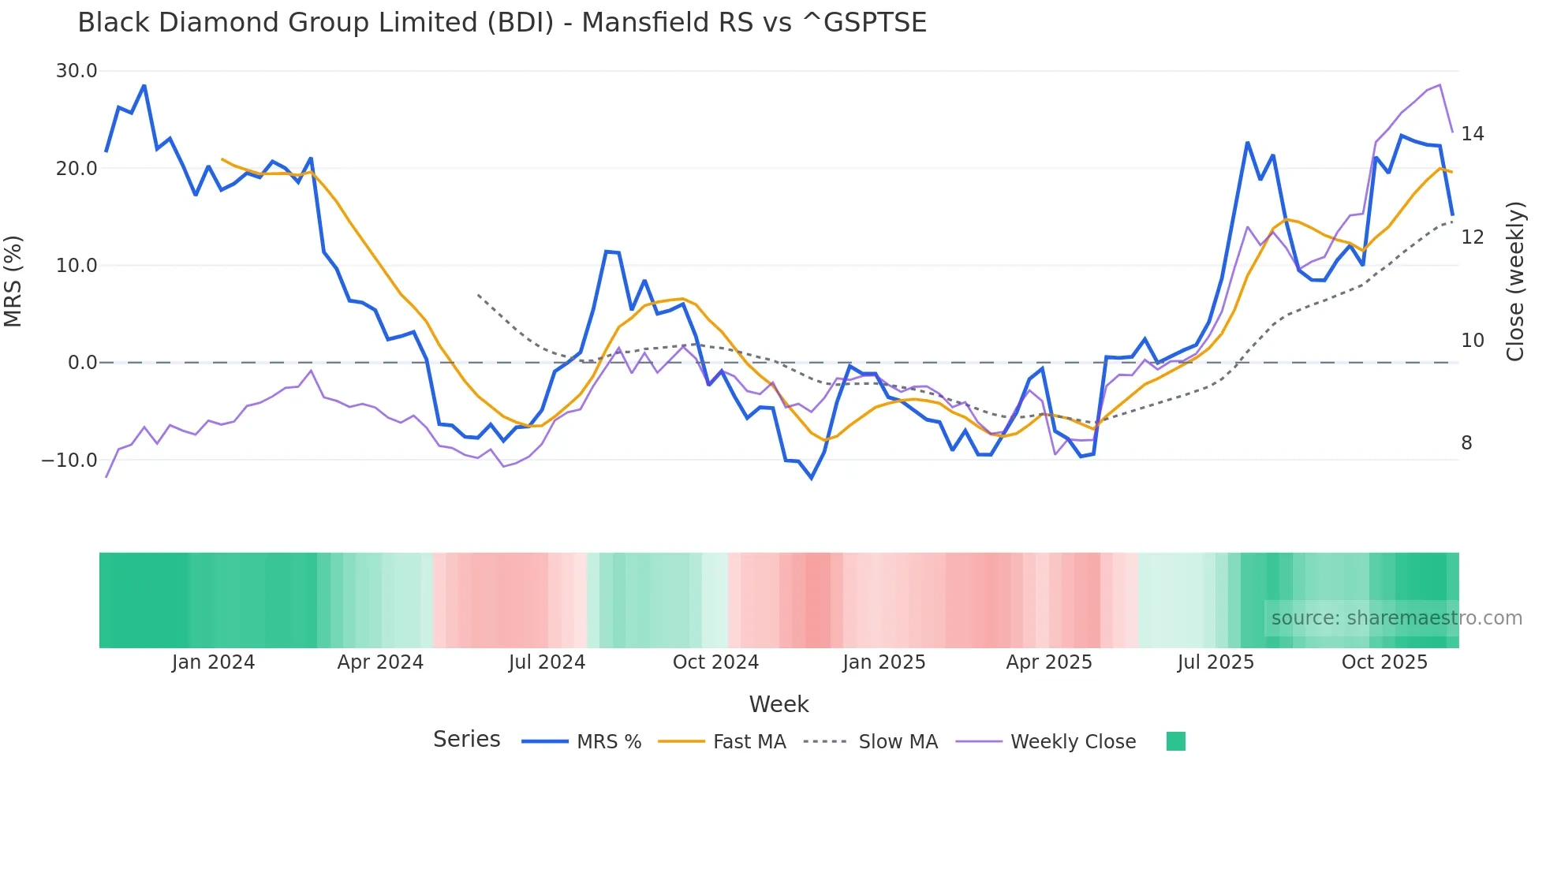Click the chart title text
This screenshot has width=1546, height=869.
point(502,23)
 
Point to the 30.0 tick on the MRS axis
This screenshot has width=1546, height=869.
point(77,71)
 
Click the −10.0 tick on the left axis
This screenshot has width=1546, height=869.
point(69,460)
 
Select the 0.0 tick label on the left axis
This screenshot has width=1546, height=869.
point(82,363)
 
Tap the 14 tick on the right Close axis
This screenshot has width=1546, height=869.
point(1472,134)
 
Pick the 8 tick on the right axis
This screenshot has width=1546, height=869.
point(1466,443)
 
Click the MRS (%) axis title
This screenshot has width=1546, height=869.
point(13,281)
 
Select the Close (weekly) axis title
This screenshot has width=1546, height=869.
point(1515,281)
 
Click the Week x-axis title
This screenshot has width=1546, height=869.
point(779,704)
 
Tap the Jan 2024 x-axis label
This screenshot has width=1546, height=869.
point(213,662)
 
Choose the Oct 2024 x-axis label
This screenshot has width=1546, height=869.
point(715,662)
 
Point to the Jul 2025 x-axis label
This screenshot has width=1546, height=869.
point(1216,662)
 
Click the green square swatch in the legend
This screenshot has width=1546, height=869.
point(1175,741)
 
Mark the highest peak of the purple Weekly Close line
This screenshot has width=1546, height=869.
point(1440,85)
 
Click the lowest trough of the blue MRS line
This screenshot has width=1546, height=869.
point(812,478)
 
